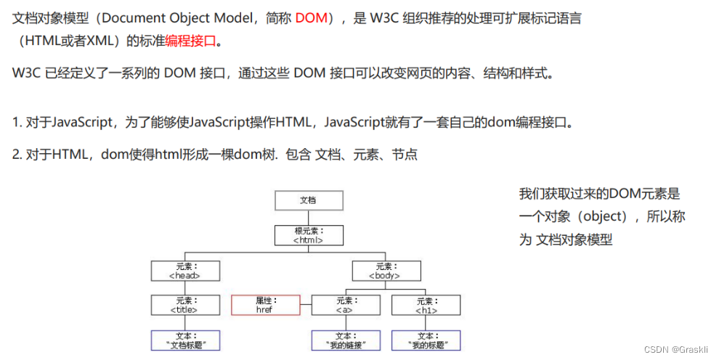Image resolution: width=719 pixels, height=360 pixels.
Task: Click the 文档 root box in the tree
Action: coord(308,200)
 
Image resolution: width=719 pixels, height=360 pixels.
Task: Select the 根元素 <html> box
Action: coord(308,235)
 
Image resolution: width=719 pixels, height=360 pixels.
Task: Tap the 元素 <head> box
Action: coord(184,271)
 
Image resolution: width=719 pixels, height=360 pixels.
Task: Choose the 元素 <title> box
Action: coord(184,305)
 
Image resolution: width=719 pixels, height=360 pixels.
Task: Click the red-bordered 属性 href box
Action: coord(264,305)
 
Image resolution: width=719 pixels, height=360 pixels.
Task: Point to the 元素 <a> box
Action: coord(346,305)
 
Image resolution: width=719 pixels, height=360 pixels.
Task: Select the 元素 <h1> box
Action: coord(426,305)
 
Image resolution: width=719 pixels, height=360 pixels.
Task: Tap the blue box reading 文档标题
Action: coord(184,340)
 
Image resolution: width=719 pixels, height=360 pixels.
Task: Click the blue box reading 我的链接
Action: coord(346,340)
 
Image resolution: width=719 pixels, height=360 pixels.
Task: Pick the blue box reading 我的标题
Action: coord(426,340)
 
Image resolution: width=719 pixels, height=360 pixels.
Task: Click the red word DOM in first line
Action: coord(311,18)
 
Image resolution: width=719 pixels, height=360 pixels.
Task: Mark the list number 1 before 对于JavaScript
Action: coord(17,122)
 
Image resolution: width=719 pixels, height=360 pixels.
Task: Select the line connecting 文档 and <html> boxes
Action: coord(308,218)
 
